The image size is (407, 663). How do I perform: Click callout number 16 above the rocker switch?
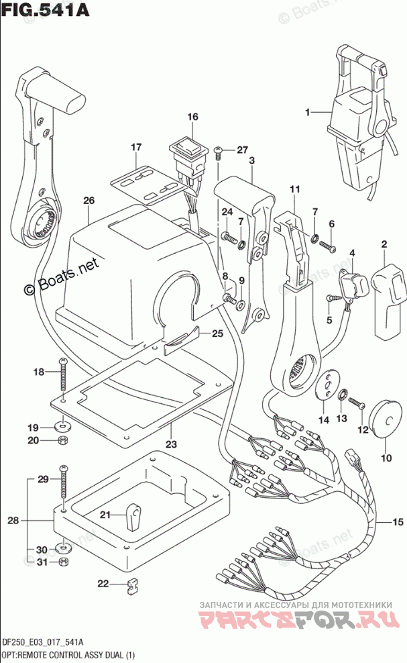point(193,117)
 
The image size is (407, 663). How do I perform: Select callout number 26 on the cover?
point(89,201)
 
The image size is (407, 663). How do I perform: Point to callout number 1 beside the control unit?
point(308,113)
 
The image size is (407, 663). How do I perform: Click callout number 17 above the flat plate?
point(136,146)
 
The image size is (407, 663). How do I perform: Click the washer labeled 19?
point(62,426)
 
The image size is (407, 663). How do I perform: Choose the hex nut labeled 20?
point(62,441)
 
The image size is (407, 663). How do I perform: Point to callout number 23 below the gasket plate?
point(172,444)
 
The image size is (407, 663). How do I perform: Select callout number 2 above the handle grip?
point(384,244)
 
